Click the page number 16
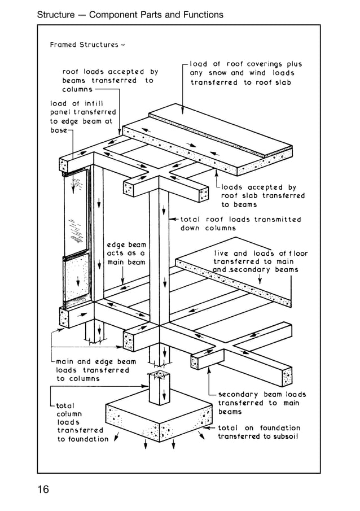click(43, 489)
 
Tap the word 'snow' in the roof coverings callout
click(218, 73)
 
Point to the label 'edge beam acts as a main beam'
click(126, 254)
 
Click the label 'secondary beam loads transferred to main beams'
click(261, 403)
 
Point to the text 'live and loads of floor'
click(260, 254)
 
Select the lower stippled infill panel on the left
click(77, 279)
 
